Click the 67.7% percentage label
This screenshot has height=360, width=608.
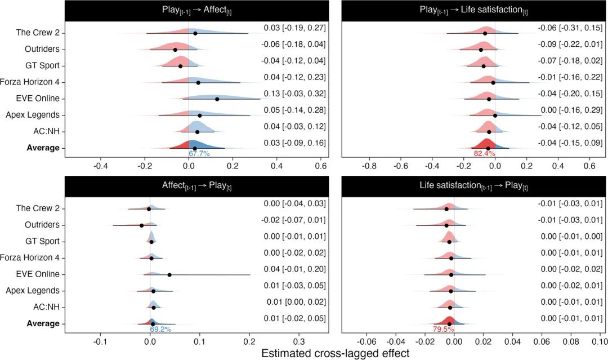tap(199, 153)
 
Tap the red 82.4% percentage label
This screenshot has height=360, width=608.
tap(485, 153)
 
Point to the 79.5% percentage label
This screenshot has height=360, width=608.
tap(443, 329)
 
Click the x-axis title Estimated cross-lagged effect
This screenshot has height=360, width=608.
tap(336, 353)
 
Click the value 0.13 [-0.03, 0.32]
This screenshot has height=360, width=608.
tap(294, 94)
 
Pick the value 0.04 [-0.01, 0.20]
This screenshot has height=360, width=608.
tap(294, 269)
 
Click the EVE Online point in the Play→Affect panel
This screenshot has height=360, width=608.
tap(217, 99)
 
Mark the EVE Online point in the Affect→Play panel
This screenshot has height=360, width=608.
tap(169, 275)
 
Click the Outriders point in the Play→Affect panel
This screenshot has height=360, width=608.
tap(175, 50)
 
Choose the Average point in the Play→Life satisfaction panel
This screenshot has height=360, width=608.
tap(488, 148)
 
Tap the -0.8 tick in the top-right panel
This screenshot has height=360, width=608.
tap(369, 166)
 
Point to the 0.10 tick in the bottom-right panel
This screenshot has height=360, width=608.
tap(599, 341)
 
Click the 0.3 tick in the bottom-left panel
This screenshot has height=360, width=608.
tap(298, 341)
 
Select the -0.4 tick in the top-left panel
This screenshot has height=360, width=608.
tap(101, 166)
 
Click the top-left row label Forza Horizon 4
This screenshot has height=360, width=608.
tap(34, 82)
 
